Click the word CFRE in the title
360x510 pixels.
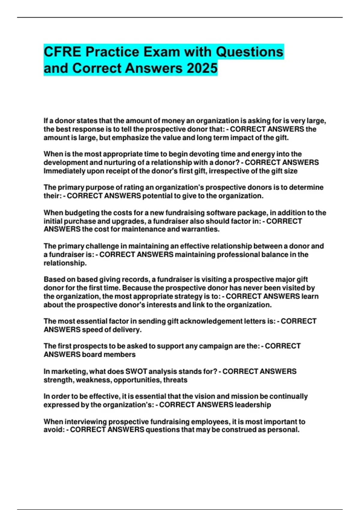click(62, 52)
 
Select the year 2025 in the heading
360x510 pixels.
click(202, 68)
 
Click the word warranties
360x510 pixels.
click(203, 229)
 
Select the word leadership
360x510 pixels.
click(253, 405)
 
